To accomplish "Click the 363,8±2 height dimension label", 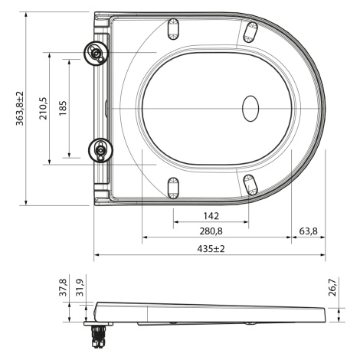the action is (x=20, y=109).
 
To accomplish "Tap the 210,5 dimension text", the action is (x=43, y=109).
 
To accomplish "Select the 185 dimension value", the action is (x=63, y=108).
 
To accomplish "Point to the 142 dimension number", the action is (x=211, y=216).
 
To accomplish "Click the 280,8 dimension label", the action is (x=211, y=231).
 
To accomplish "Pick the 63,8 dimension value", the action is (x=308, y=231).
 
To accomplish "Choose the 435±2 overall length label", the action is (x=211, y=248).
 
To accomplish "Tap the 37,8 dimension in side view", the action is (x=63, y=287).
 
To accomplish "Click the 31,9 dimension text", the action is (x=80, y=287).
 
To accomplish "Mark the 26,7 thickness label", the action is (x=332, y=287).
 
